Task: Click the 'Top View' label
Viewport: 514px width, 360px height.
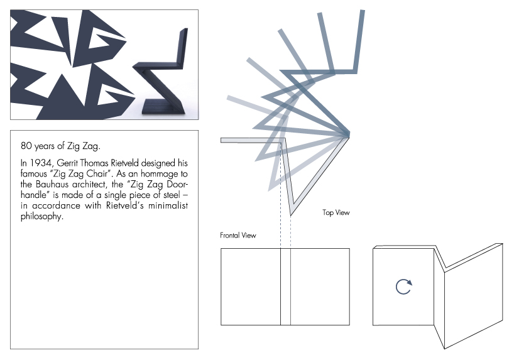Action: [336, 213]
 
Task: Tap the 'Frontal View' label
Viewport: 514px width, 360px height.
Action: [238, 236]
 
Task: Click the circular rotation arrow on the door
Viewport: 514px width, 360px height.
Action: [404, 286]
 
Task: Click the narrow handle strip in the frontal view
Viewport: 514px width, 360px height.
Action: [285, 286]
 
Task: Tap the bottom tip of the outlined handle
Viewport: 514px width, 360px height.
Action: [291, 214]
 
